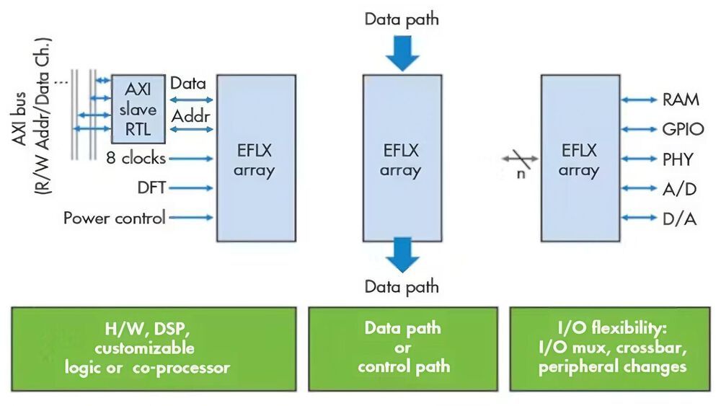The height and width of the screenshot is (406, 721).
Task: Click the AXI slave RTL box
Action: [x=138, y=110]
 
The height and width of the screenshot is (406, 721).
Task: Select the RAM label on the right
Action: [x=680, y=100]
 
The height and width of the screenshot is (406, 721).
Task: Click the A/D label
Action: [x=678, y=188]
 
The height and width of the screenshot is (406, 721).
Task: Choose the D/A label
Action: [x=678, y=218]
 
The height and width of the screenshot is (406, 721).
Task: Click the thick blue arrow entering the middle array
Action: [x=401, y=53]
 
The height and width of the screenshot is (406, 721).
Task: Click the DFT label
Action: [x=152, y=187]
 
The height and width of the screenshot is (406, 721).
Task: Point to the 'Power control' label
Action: [x=115, y=217]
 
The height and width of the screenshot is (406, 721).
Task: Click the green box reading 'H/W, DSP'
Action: [x=154, y=348]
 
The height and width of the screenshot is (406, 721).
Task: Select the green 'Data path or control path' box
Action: [x=402, y=348]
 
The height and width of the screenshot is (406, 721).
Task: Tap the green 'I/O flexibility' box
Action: [x=609, y=348]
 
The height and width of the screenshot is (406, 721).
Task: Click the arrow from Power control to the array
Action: [x=192, y=217]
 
